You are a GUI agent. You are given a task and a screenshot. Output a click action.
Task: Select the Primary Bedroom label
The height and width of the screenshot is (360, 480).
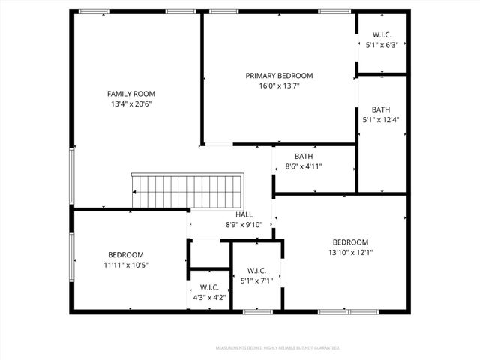click(279, 76)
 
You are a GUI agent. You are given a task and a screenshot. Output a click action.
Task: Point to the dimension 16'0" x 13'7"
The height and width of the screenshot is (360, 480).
click(279, 86)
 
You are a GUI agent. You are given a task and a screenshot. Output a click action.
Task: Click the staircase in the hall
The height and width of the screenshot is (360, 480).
click(188, 192)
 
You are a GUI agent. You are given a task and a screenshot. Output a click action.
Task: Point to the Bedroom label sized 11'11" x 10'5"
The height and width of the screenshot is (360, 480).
click(125, 254)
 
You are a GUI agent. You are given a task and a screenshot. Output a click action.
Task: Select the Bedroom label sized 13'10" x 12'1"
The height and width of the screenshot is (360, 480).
click(350, 241)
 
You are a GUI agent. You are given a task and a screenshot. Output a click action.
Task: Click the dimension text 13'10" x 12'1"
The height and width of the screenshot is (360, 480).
click(350, 253)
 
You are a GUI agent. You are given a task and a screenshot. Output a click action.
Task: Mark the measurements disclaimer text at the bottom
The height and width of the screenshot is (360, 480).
click(277, 348)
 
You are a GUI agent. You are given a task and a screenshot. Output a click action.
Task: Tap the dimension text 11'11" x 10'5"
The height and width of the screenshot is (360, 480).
click(125, 265)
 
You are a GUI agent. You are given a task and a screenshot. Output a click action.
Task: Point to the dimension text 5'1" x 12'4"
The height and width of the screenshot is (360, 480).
click(381, 120)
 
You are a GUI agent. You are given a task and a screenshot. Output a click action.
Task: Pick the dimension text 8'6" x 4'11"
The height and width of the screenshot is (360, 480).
click(303, 166)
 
